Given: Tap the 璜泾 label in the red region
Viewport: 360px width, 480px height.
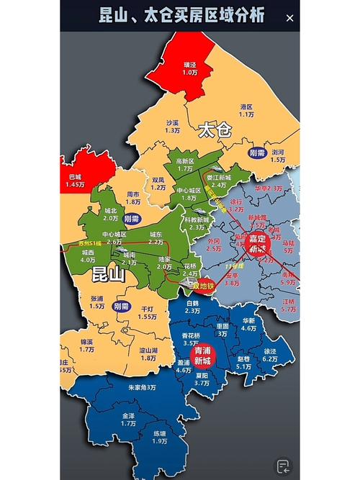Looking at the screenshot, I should [x=190, y=68].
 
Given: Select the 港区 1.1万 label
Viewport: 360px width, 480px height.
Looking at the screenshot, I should [x=247, y=109].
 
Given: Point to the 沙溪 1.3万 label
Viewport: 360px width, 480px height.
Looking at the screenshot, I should [x=172, y=127].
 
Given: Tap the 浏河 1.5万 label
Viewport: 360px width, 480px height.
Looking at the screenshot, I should [x=278, y=155].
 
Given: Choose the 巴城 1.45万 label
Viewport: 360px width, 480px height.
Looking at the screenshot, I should [x=76, y=181].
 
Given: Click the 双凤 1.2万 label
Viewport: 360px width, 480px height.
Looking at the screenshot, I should [x=158, y=184].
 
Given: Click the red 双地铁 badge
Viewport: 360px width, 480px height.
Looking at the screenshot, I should [x=206, y=284].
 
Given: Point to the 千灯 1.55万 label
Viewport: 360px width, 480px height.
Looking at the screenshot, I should [x=147, y=312].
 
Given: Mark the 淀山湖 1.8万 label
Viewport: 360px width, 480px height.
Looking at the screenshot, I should [x=149, y=353].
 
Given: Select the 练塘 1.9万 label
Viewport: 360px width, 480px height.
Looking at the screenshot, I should [x=159, y=437].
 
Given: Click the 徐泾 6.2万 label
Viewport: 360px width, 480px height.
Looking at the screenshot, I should [x=270, y=355].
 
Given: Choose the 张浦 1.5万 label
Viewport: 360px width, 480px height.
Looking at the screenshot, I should [x=97, y=302].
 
